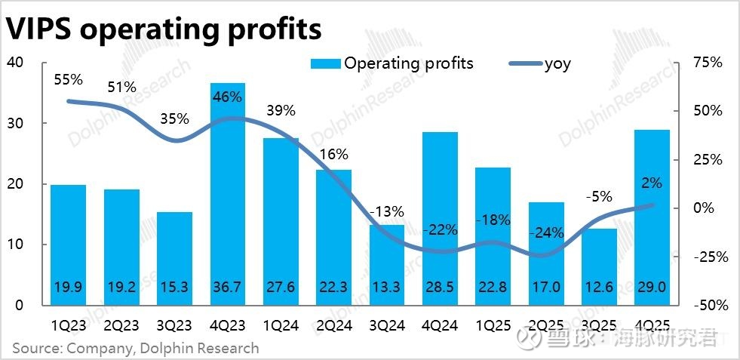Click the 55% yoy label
(x=69, y=78)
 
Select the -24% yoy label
(x=546, y=232)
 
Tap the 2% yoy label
(x=652, y=182)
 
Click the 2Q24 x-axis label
(x=333, y=327)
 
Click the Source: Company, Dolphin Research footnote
(x=135, y=348)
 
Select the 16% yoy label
(x=333, y=154)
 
